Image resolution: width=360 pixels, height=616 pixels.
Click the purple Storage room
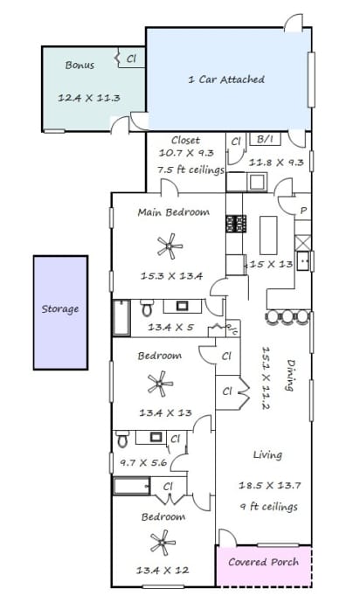coord(60,312)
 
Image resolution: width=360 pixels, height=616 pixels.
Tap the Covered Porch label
coord(263,562)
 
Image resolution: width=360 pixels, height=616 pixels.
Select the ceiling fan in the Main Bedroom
coord(170,246)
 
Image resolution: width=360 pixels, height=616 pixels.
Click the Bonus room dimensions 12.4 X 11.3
coord(89,98)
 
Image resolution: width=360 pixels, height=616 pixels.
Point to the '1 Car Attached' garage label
coord(226,80)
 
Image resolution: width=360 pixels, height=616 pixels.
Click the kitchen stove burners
coord(236,224)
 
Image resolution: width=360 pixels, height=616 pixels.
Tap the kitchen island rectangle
coord(268,235)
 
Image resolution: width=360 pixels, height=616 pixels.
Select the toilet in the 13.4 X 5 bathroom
coord(147,308)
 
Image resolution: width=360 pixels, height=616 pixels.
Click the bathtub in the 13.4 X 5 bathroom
coord(121,317)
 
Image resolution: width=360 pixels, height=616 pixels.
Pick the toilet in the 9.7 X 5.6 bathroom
coord(122,439)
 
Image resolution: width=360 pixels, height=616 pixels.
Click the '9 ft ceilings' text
coord(269,507)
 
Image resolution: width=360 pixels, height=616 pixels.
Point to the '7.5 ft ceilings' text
coord(191,170)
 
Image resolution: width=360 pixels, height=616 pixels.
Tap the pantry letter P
coord(303,211)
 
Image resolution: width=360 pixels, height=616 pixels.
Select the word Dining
coord(290,375)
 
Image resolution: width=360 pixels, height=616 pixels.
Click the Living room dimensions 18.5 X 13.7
coord(270,485)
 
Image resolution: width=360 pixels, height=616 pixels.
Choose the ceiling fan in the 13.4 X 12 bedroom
coord(163,543)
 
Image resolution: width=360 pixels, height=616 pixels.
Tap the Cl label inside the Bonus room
coord(131,59)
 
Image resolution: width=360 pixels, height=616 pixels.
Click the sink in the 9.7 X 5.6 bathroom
coord(156,437)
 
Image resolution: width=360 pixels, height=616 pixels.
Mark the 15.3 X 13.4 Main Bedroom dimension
coord(172,276)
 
